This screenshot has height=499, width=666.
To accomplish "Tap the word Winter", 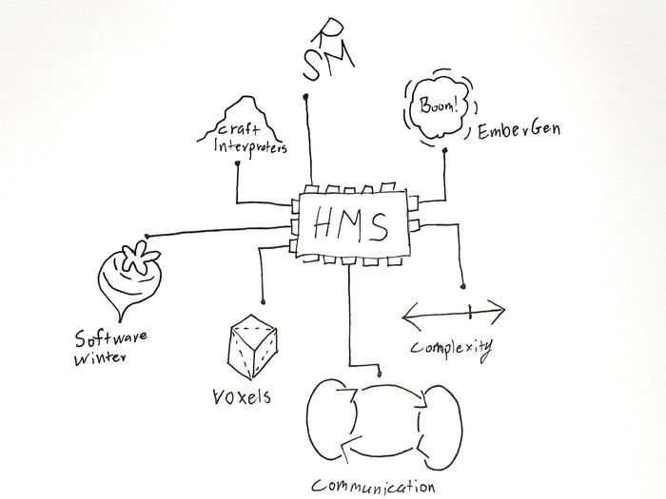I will pos(101,359).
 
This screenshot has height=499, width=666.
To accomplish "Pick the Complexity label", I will pos(450,348).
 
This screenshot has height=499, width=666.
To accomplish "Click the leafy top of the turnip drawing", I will pos(133,259).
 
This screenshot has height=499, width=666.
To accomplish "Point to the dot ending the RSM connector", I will pos(305,97).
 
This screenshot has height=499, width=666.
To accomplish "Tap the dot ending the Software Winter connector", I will pos(147,236).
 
